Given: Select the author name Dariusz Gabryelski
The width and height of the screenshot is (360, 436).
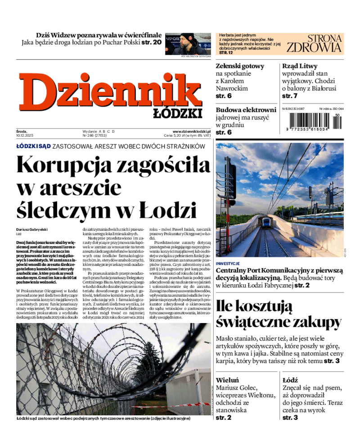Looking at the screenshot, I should [x=32, y=229].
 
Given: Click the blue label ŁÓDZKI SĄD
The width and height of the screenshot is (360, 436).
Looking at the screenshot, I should [x=33, y=146].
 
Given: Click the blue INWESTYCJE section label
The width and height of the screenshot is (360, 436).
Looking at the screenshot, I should [x=228, y=263].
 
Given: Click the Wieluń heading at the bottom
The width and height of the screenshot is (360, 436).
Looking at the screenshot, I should [x=227, y=380].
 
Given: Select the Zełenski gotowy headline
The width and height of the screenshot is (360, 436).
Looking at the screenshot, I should [x=240, y=66].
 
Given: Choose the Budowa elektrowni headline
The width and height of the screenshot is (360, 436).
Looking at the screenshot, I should [x=246, y=110].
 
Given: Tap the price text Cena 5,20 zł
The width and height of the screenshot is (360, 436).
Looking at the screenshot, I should [x=175, y=135].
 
